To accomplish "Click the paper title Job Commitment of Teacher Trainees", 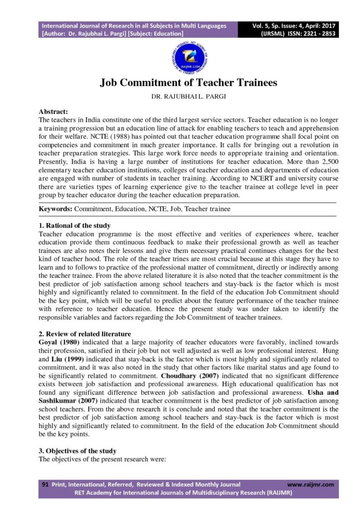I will coord(188,83).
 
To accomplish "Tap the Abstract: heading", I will coord(53,112).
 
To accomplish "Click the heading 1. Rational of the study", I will coord(75,226).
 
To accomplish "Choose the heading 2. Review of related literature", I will coord(85,334).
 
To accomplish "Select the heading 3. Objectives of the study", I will coord(78,451).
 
